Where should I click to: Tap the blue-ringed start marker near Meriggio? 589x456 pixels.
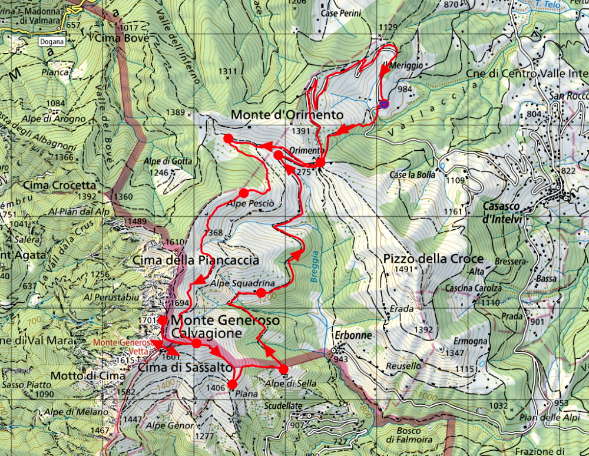pyautogui.click(x=383, y=105)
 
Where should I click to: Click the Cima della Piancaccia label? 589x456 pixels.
pyautogui.click(x=196, y=260)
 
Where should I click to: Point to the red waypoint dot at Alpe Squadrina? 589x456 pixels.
pyautogui.click(x=261, y=292)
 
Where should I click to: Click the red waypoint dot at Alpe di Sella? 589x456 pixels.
pyautogui.click(x=283, y=369)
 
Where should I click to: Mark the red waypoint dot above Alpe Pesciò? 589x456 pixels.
pyautogui.click(x=243, y=193)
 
